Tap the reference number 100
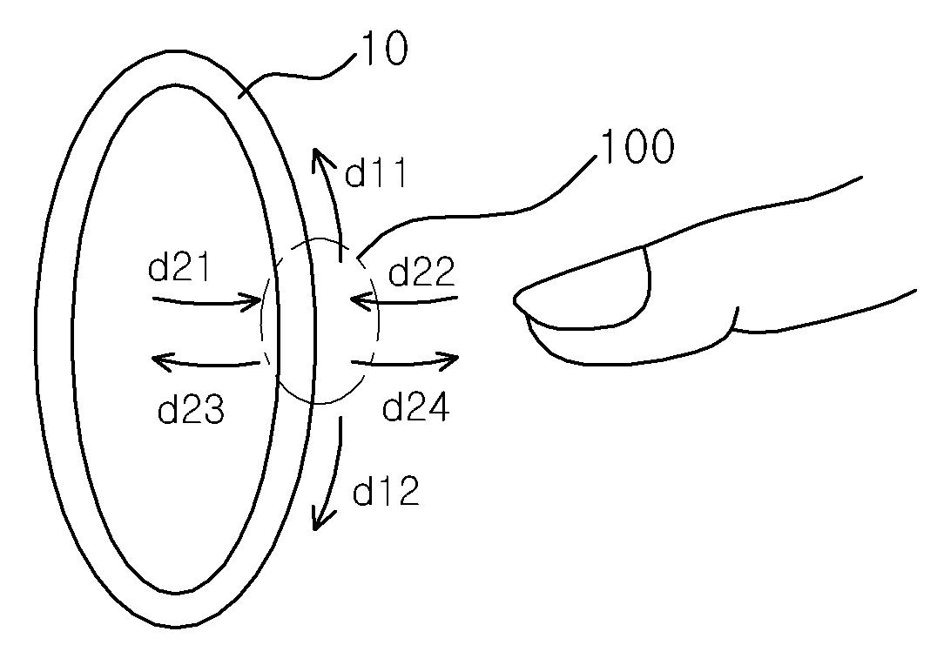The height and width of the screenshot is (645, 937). coord(637,146)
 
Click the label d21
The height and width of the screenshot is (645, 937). coord(179,265)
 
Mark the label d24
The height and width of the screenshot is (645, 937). coord(415,407)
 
